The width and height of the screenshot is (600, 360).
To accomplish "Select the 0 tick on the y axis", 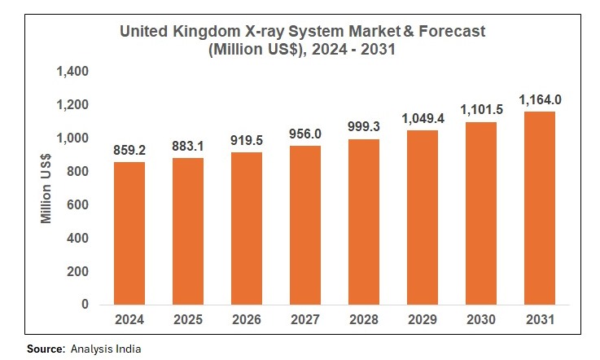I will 85,305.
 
